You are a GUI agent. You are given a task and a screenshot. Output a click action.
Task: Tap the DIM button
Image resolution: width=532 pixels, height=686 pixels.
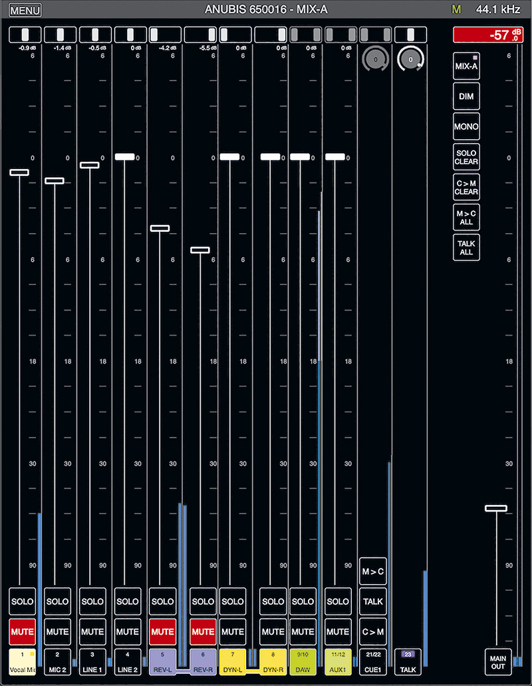(x=466, y=96)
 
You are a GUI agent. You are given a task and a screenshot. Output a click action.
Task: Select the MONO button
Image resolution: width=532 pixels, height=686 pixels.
(x=466, y=127)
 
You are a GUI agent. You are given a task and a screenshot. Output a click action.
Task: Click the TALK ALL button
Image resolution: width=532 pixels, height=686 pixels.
(x=466, y=248)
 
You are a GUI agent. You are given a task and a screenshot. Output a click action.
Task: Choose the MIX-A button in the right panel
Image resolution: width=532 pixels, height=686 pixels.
(x=466, y=66)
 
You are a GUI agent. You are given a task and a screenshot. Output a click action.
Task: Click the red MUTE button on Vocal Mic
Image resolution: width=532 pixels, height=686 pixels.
(x=23, y=631)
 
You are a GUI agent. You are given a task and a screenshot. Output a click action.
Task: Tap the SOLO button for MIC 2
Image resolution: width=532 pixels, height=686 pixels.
(x=57, y=601)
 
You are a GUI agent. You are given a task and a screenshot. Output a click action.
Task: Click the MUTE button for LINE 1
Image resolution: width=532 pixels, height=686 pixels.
(x=92, y=631)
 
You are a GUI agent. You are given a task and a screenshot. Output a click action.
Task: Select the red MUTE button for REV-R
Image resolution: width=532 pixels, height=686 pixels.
(x=203, y=631)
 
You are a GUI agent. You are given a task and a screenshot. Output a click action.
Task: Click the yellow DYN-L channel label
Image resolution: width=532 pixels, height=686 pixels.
(x=233, y=660)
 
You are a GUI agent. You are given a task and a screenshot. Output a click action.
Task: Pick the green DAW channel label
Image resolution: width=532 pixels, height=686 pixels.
(x=303, y=660)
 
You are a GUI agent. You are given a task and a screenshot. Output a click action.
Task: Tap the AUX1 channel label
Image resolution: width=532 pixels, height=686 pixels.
(x=338, y=660)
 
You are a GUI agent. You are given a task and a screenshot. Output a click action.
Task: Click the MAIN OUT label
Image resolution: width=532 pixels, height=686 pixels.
(x=498, y=661)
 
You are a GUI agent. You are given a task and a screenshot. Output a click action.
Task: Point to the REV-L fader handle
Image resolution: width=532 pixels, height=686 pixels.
(x=160, y=228)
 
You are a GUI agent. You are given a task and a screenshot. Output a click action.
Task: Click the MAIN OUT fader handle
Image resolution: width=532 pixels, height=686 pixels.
(x=496, y=508)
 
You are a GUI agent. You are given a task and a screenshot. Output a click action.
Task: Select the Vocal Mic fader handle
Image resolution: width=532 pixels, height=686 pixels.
(x=19, y=172)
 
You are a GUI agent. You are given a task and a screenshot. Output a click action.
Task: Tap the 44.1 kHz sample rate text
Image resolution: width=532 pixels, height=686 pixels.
(x=498, y=10)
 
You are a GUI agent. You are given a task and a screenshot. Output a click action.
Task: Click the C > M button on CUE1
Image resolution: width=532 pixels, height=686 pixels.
(x=373, y=631)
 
